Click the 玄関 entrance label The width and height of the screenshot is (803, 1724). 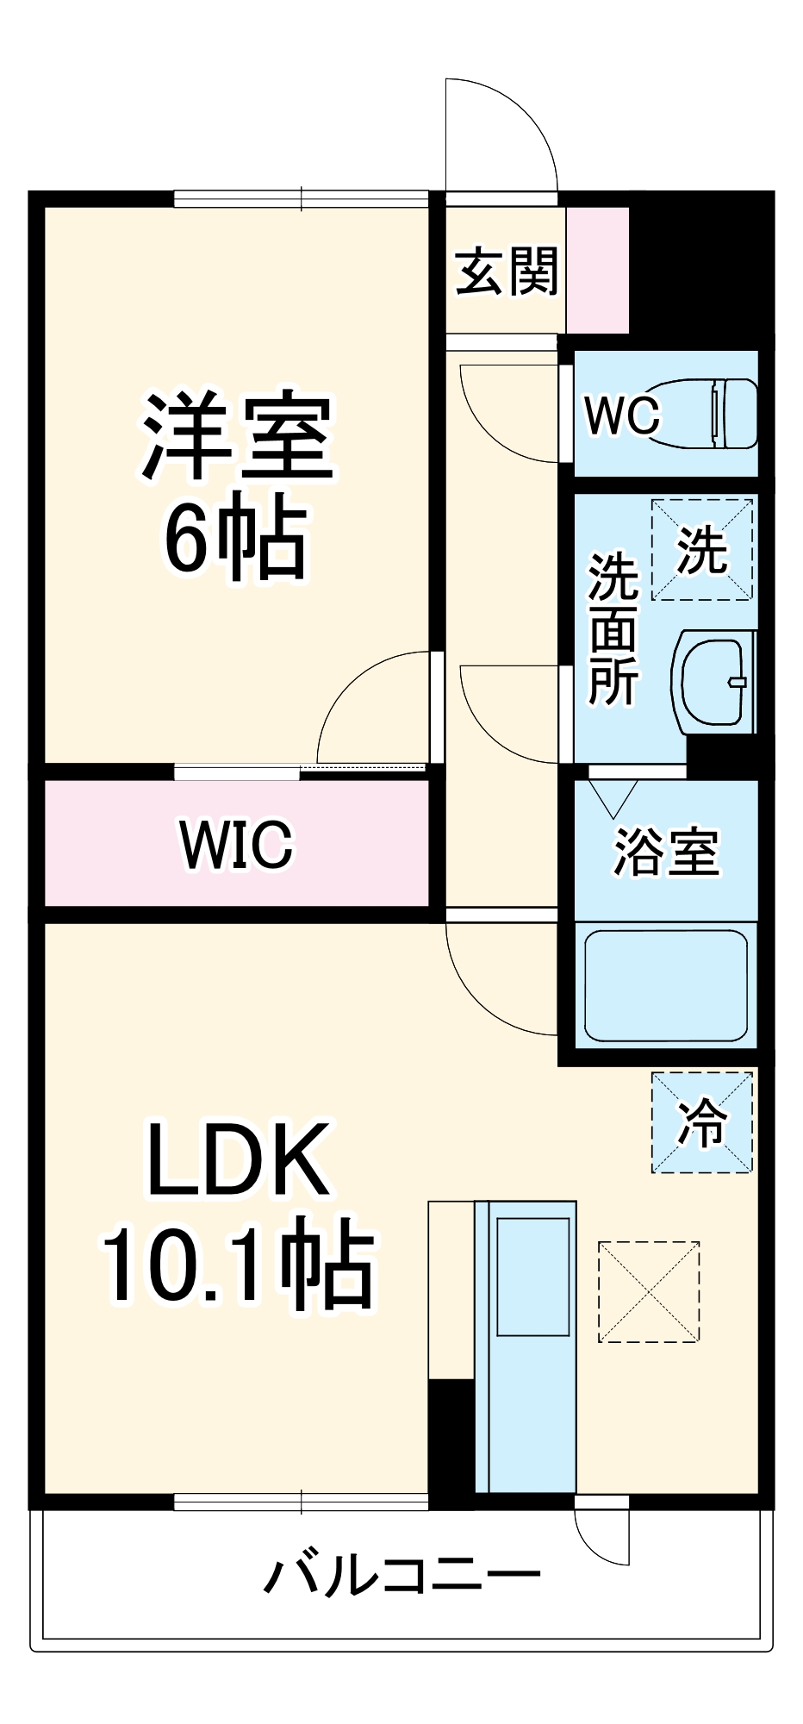click(x=507, y=272)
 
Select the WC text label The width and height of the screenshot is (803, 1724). click(x=622, y=415)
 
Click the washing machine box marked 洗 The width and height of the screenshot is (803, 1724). click(x=702, y=549)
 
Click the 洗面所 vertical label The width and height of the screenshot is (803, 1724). click(x=613, y=629)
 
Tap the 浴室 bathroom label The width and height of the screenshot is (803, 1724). click(x=666, y=852)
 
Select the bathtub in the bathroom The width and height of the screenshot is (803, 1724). click(x=665, y=985)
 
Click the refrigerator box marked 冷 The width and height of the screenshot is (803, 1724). click(x=702, y=1122)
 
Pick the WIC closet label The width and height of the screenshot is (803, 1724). click(x=237, y=844)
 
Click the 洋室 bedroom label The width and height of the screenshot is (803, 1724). click(x=237, y=437)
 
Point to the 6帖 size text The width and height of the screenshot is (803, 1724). click(x=235, y=540)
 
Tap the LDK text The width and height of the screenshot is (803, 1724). click(x=239, y=1159)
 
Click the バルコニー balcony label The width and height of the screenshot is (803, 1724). click(x=402, y=1576)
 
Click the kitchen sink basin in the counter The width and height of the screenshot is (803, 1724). click(x=533, y=1277)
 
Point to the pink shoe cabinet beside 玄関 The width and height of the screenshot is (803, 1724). click(x=597, y=271)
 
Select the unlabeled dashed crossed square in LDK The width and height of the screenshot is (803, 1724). click(x=649, y=1291)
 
